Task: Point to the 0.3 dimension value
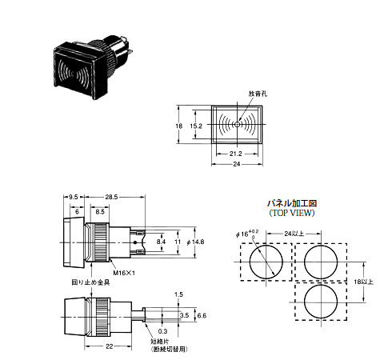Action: (x=163, y=330)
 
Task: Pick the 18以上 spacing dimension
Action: (x=375, y=282)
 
